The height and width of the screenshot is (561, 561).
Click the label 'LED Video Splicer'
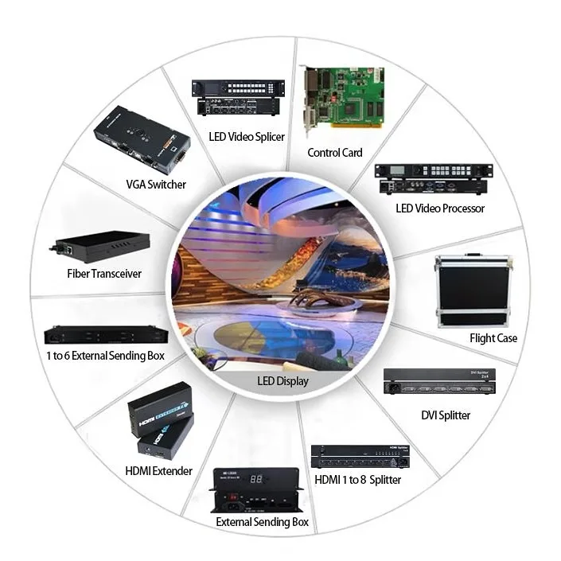coord(247,136)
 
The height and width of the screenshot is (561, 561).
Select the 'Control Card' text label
coord(335,153)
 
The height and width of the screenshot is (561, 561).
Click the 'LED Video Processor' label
coord(440,208)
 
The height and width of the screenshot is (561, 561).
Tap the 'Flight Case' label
coord(493,338)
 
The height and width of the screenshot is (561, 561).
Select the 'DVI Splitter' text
coord(446,415)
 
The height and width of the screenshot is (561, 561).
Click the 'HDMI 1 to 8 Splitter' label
coord(358,480)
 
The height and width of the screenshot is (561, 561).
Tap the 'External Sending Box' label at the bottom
coord(263,522)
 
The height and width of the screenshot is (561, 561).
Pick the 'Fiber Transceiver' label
coord(104,274)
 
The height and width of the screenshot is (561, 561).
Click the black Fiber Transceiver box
coord(102,247)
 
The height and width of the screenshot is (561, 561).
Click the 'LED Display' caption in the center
coord(282,381)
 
